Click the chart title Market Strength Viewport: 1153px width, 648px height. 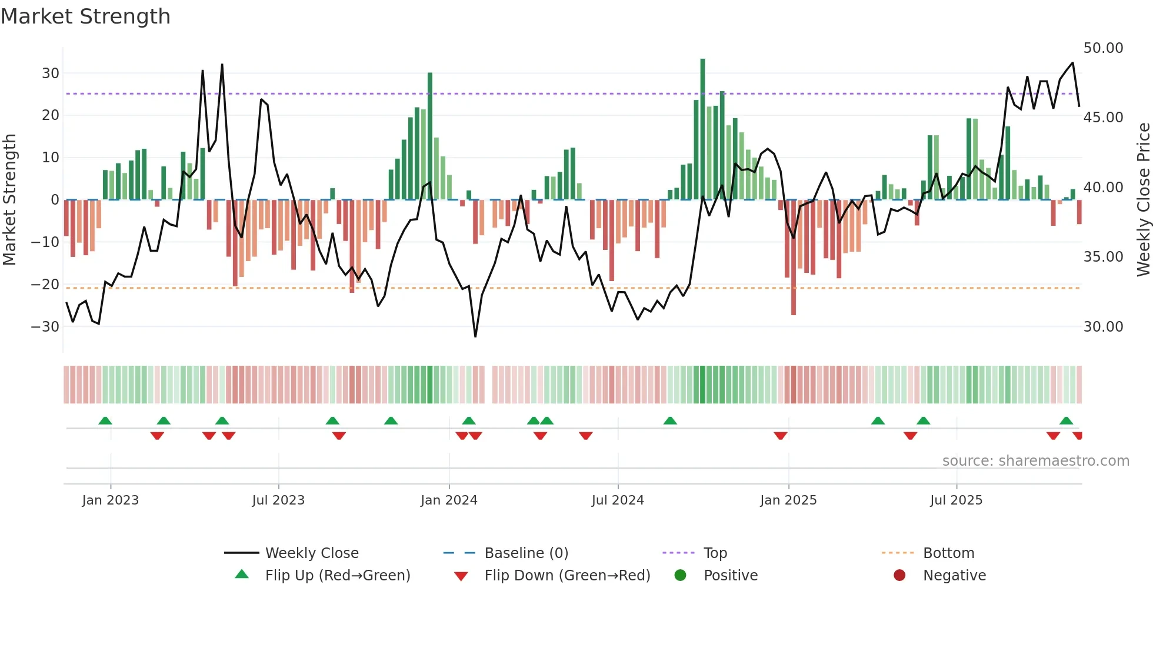pos(85,16)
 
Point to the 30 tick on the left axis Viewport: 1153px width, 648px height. pos(51,74)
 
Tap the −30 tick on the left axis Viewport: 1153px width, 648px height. pos(46,326)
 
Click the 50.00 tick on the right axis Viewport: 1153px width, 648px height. pos(1103,48)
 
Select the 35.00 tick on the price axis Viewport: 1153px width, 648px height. pos(1103,257)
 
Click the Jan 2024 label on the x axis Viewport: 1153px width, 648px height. pos(449,500)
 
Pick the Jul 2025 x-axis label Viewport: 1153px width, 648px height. pos(956,500)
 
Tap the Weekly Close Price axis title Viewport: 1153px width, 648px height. pos(1143,200)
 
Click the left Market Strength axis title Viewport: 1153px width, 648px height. pos(9,200)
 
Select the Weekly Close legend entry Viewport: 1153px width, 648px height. pos(312,553)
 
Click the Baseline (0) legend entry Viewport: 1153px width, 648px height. pos(526,553)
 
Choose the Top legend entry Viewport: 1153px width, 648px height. pos(715,553)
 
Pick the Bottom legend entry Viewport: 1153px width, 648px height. pos(948,553)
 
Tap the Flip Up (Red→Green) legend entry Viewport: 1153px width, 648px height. pos(337,576)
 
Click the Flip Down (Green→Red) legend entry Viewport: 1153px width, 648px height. pos(567,576)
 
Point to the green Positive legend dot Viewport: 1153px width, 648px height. pos(680,576)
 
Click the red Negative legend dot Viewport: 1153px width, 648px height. pos(899,576)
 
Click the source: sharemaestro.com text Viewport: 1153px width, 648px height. pos(1035,461)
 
